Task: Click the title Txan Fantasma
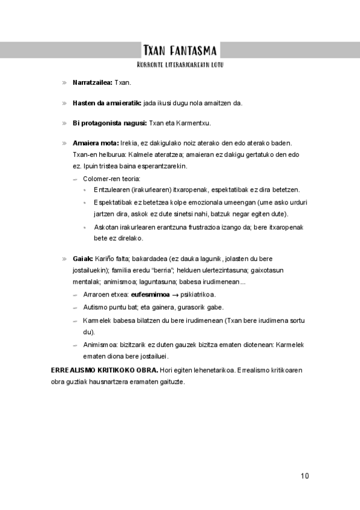[180, 50]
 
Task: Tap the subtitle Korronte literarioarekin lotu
[180, 64]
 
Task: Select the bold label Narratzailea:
[92, 82]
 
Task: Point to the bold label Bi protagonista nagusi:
[109, 123]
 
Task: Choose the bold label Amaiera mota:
[96, 143]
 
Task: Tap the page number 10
[305, 476]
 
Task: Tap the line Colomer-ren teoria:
[111, 179]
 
